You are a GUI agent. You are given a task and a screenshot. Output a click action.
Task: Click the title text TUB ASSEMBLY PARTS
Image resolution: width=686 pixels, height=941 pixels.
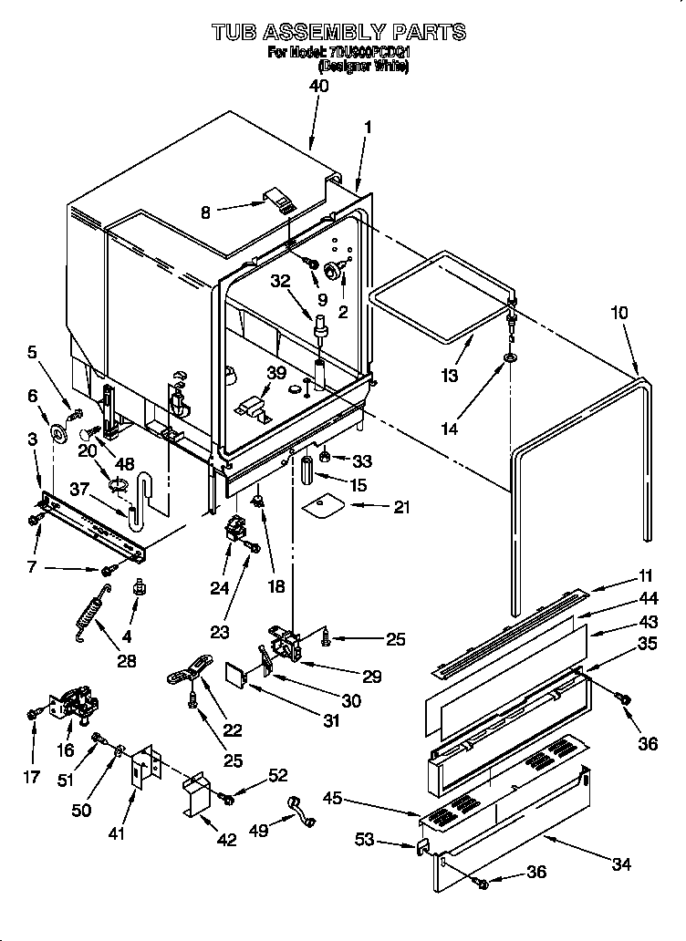339,33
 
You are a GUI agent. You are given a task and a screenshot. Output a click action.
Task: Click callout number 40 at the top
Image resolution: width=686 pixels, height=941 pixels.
318,87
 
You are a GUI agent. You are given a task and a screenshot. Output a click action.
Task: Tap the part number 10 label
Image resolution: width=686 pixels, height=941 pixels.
618,313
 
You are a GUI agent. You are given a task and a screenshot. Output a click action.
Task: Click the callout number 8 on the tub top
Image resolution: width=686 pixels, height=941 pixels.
206,212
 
